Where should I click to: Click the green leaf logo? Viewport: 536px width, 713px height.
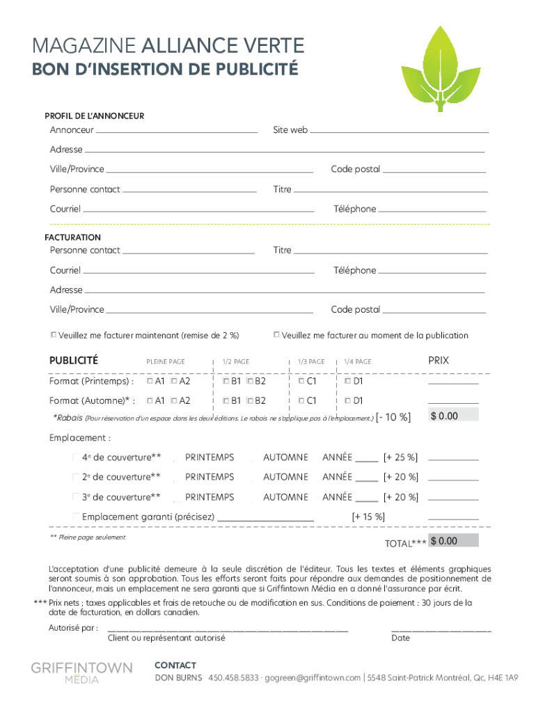pyautogui.click(x=439, y=68)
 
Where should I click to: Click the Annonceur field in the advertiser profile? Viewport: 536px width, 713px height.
pyautogui.click(x=177, y=130)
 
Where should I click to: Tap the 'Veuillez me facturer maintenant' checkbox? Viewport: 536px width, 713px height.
pyautogui.click(x=54, y=335)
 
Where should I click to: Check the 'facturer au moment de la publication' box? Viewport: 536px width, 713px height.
pyautogui.click(x=276, y=335)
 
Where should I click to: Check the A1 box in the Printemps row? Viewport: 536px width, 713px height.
pyautogui.click(x=150, y=382)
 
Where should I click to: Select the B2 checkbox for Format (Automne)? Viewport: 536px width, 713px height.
pyautogui.click(x=250, y=401)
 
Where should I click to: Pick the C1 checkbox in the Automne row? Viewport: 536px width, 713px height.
pyautogui.click(x=301, y=401)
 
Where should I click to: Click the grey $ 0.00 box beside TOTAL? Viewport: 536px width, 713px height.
pyautogui.click(x=454, y=541)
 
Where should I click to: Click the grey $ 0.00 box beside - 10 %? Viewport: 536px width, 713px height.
pyautogui.click(x=454, y=416)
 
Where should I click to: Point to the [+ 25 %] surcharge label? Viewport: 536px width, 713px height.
pyautogui.click(x=400, y=457)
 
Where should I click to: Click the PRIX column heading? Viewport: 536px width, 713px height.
pyautogui.click(x=439, y=361)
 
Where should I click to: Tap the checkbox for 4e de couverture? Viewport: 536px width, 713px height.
pyautogui.click(x=76, y=457)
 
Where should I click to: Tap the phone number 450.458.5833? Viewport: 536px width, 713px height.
pyautogui.click(x=233, y=677)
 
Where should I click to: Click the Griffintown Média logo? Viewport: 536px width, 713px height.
pyautogui.click(x=81, y=673)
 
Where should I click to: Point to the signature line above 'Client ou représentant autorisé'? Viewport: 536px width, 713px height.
pyautogui.click(x=227, y=629)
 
